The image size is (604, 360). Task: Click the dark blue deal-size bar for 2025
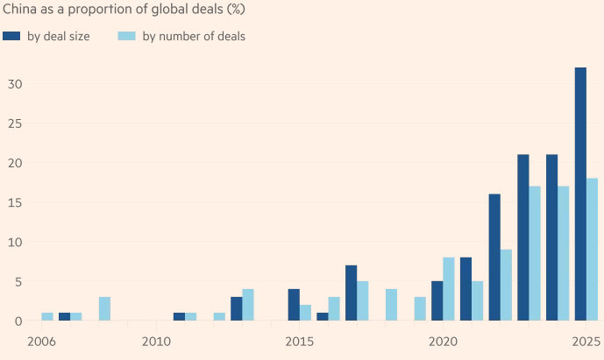click(x=580, y=194)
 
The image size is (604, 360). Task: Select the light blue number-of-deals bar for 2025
click(x=592, y=250)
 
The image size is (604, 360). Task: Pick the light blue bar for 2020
click(x=449, y=289)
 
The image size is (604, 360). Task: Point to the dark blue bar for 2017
click(x=351, y=293)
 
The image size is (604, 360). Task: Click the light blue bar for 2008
click(x=104, y=309)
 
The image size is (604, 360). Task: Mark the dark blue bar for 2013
click(x=237, y=309)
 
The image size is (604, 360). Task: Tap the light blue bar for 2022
click(x=506, y=286)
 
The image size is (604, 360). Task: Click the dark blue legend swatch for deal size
click(x=12, y=36)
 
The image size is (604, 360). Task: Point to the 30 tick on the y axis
click(x=12, y=84)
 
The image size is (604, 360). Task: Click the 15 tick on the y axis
click(x=12, y=202)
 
